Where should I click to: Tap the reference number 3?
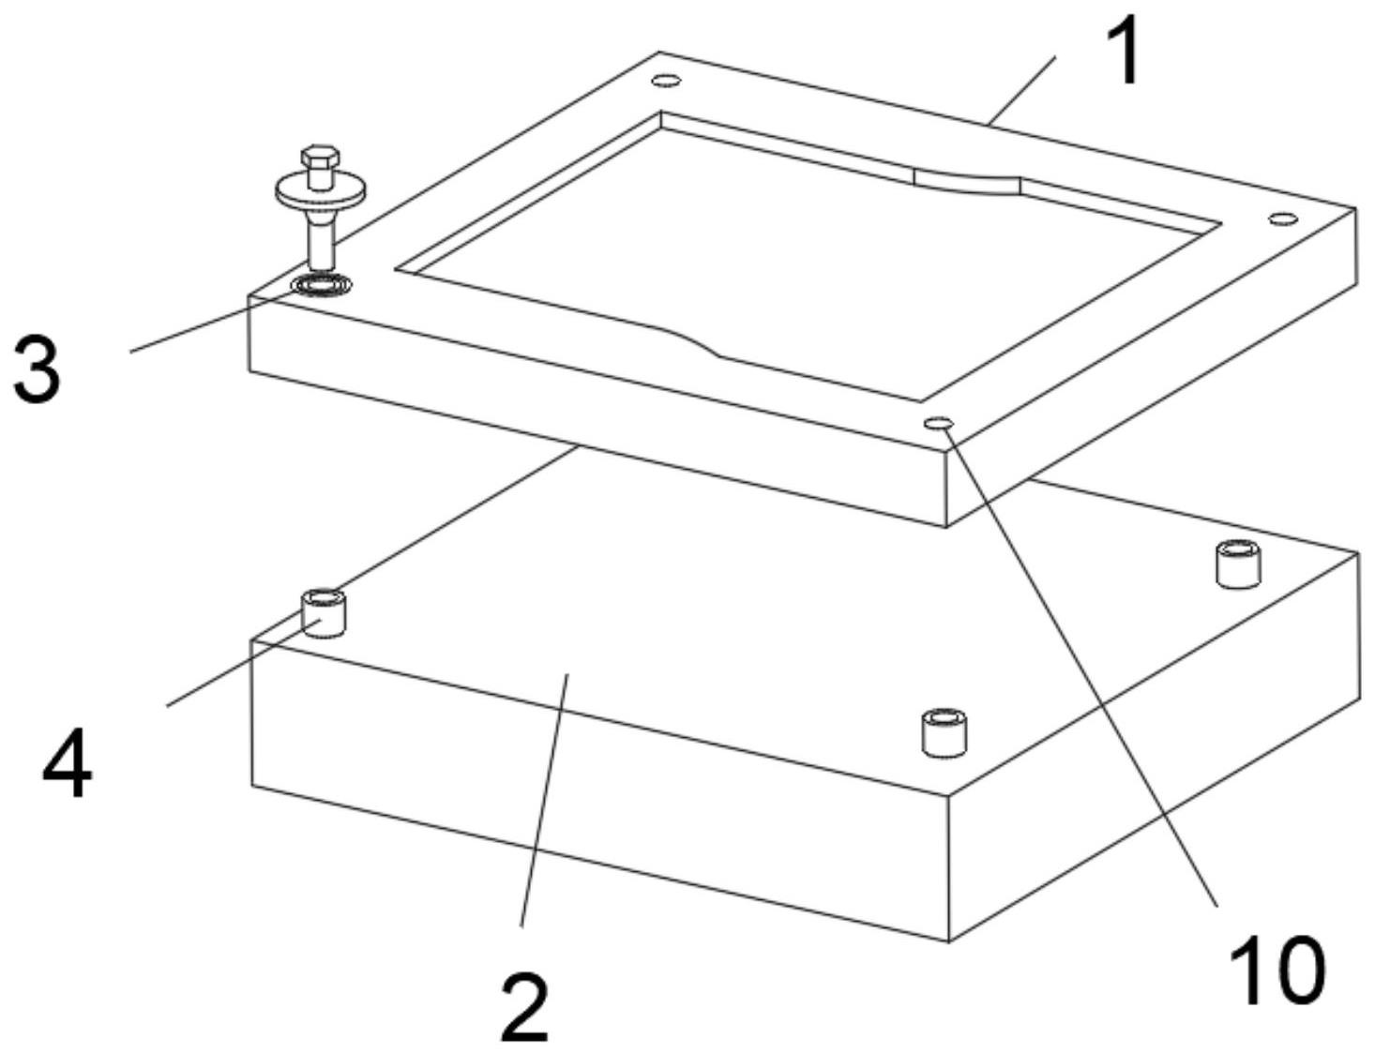tap(38, 369)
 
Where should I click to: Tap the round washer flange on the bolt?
tap(320, 190)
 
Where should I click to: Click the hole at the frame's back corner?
tap(666, 81)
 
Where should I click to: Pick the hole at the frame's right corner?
tap(1284, 219)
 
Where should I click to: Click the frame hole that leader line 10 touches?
tap(939, 423)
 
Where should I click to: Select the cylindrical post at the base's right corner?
tap(1238, 564)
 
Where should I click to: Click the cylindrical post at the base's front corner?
tap(944, 732)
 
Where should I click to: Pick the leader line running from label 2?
tap(544, 800)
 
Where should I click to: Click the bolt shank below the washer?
tap(321, 240)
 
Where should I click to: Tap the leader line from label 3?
tap(212, 320)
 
